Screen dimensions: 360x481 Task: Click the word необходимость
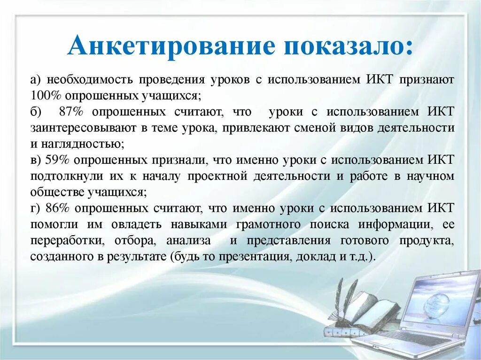pyautogui.click(x=88, y=79)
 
